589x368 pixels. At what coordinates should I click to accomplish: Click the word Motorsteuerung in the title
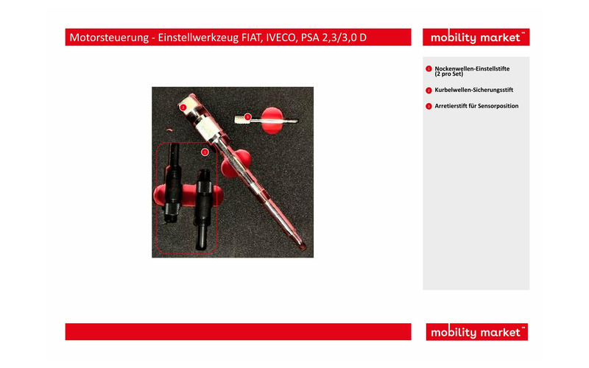[109, 38]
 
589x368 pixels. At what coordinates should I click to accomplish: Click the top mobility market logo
[476, 38]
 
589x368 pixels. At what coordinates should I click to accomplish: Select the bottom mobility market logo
[476, 332]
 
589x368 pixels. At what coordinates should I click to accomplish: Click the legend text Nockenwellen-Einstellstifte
[472, 68]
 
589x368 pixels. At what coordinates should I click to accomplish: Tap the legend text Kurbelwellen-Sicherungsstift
[473, 90]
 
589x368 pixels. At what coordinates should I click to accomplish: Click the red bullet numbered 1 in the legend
[428, 69]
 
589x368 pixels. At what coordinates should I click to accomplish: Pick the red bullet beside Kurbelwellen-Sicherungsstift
[428, 91]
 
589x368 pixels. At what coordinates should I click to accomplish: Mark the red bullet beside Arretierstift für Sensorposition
[428, 106]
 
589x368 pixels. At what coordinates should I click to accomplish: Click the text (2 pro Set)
[449, 74]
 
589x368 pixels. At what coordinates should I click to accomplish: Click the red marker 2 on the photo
[183, 107]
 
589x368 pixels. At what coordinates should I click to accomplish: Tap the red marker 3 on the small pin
[247, 117]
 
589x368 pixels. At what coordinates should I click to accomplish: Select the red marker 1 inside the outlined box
[205, 152]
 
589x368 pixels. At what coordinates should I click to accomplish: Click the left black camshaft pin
[173, 183]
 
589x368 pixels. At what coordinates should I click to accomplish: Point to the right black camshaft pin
[203, 208]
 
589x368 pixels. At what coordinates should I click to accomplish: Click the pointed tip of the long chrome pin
[303, 248]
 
